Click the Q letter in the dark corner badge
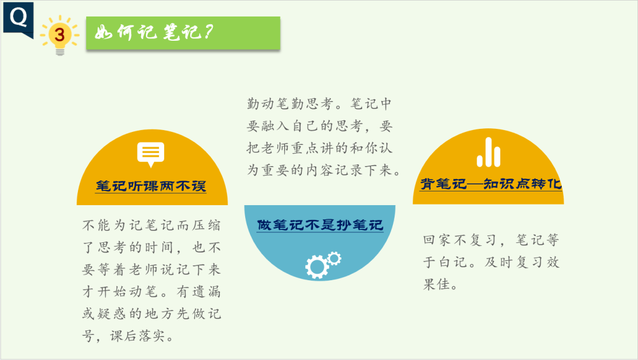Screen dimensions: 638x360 coord(18,17)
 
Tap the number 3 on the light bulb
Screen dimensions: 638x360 coord(60,35)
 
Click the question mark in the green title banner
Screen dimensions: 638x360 coord(209,32)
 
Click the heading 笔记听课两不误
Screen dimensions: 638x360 coord(151,186)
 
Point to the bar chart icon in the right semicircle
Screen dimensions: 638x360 coord(489,153)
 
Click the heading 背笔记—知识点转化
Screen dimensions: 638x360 coord(491,184)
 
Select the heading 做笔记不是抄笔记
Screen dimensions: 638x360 coord(320,225)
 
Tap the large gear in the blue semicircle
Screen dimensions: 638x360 coord(317,267)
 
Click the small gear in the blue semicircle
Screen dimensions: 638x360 coord(334,258)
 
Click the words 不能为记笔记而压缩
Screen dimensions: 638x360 coord(151,225)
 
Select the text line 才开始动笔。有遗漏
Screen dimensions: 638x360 coord(151,291)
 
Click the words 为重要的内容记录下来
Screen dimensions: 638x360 coord(320,170)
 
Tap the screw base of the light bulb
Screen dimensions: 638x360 coord(60,51)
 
